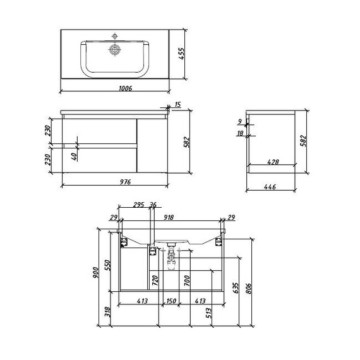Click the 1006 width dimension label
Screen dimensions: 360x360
pyautogui.click(x=125, y=88)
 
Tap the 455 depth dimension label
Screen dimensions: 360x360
pyautogui.click(x=181, y=54)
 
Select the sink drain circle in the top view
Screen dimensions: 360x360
pyautogui.click(x=115, y=49)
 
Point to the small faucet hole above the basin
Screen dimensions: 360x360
pyautogui.click(x=114, y=36)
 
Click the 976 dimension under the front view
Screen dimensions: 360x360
pyautogui.click(x=125, y=182)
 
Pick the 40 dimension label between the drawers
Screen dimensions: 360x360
pyautogui.click(x=74, y=157)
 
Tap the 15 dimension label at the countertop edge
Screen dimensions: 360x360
pyautogui.click(x=177, y=104)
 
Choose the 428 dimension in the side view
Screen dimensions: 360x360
pyautogui.click(x=273, y=162)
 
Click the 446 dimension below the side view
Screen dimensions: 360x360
pyautogui.click(x=270, y=187)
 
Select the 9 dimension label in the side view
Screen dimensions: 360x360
pyautogui.click(x=240, y=121)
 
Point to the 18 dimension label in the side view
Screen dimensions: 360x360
pyautogui.click(x=240, y=133)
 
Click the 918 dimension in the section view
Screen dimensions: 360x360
pyautogui.click(x=169, y=217)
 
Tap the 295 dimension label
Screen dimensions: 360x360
pyautogui.click(x=139, y=205)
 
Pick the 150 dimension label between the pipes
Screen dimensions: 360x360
pyautogui.click(x=171, y=301)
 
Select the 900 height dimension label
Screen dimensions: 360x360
pyautogui.click(x=95, y=272)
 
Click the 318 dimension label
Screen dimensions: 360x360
pyautogui.click(x=108, y=312)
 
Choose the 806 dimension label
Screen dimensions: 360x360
pyautogui.click(x=249, y=289)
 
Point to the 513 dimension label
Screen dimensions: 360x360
pyautogui.click(x=208, y=313)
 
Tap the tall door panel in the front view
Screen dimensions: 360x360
pyautogui.click(x=152, y=145)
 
